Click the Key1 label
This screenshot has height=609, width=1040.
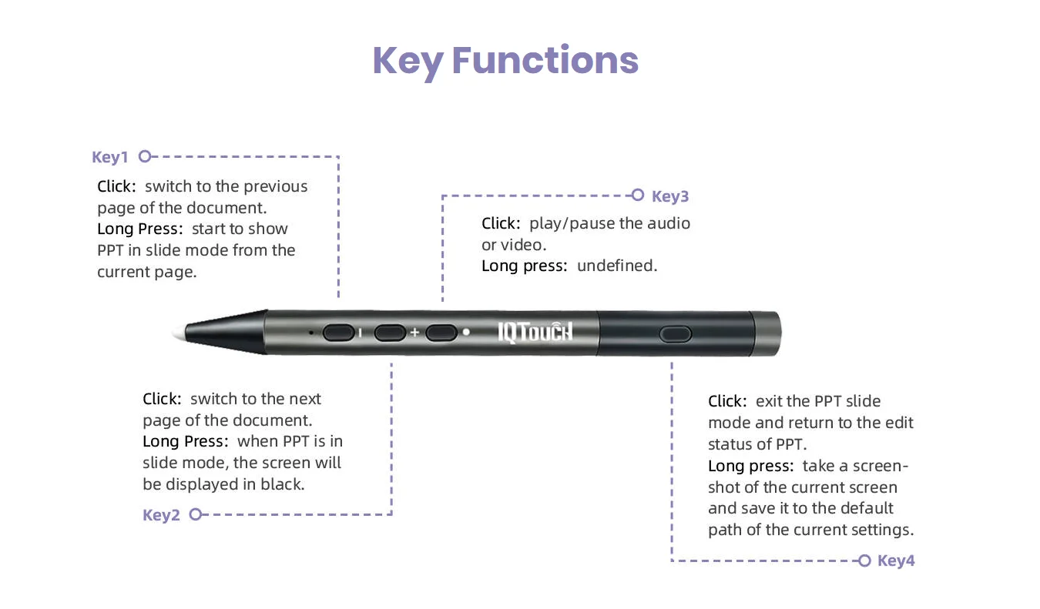point(109,157)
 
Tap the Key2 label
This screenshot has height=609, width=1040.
point(161,515)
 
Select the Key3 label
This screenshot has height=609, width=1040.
point(670,196)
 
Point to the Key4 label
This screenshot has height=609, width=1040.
point(896,560)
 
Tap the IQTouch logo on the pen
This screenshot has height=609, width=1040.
point(535,333)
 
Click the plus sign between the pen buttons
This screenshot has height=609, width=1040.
point(414,333)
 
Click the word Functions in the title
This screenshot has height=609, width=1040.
point(545,60)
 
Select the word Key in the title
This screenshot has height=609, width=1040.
point(408,62)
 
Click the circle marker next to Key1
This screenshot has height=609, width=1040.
point(145,156)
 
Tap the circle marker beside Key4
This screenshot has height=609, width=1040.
point(864,560)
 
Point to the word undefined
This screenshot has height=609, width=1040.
point(617,266)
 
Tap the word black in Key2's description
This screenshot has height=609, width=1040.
point(282,484)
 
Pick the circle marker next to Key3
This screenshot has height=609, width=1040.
point(637,195)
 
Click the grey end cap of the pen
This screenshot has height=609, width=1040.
point(767,333)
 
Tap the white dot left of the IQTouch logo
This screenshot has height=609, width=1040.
point(466,332)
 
